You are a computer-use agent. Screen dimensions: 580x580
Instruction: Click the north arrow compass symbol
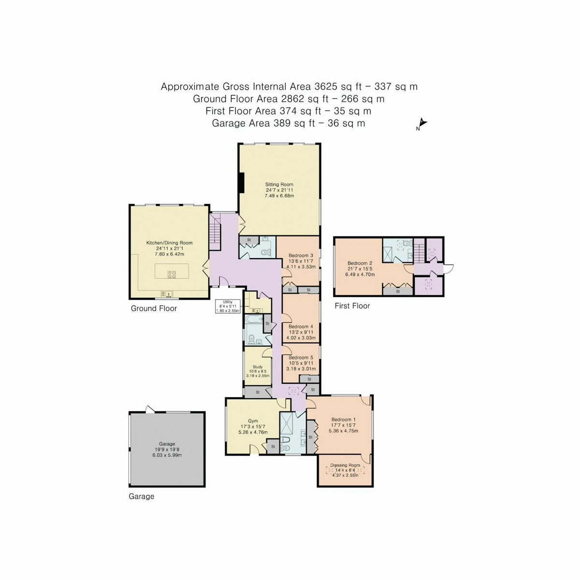pos(422,124)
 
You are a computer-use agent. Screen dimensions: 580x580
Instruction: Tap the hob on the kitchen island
pos(172,274)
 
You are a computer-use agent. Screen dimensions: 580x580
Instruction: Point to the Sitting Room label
pos(279,185)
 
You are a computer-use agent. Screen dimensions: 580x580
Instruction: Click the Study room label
pos(257,367)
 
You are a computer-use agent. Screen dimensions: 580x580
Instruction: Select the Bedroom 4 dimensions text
pos(301,335)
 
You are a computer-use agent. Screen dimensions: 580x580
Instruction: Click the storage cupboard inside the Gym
pos(273,447)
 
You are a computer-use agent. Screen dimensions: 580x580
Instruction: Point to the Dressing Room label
pos(345,465)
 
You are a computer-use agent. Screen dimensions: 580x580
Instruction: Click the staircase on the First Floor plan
pos(420,251)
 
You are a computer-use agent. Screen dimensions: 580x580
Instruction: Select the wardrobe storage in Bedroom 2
pos(398,291)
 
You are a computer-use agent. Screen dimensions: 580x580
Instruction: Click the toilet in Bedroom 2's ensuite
pos(405,245)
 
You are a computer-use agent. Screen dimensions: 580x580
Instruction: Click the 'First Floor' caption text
pos(352,306)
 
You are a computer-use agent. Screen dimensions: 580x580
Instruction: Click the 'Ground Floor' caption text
pos(154,308)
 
